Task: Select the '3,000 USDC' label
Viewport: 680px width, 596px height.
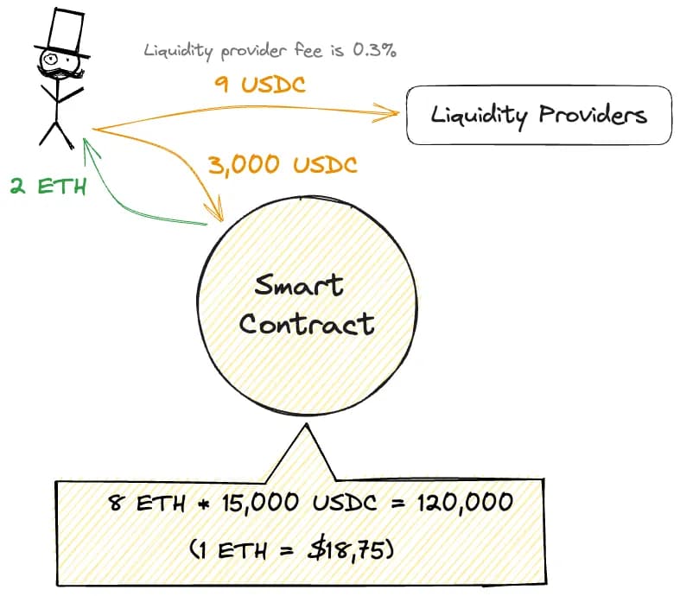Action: point(283,163)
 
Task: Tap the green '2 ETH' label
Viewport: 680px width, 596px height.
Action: point(48,185)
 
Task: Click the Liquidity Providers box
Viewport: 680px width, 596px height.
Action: point(538,114)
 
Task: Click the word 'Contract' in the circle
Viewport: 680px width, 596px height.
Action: point(307,324)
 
